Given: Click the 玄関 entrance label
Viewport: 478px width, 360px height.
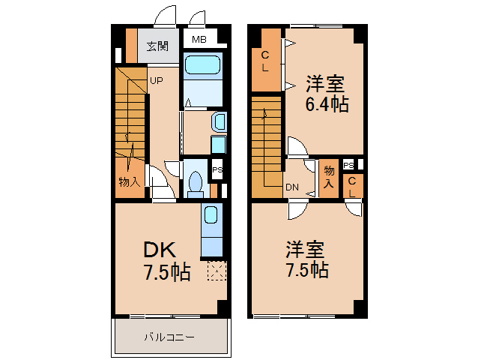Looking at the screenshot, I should pyautogui.click(x=157, y=46).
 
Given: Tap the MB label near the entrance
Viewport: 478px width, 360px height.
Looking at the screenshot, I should pyautogui.click(x=199, y=40).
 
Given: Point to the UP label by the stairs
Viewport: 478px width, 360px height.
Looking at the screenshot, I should pyautogui.click(x=156, y=80).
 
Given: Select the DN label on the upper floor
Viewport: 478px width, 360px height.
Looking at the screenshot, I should pyautogui.click(x=292, y=187).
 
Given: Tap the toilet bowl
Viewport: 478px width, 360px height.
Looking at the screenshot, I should pyautogui.click(x=196, y=182).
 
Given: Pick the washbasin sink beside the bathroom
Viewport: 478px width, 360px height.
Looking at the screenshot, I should pyautogui.click(x=219, y=121).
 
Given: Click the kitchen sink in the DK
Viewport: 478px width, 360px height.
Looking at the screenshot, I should pyautogui.click(x=211, y=216).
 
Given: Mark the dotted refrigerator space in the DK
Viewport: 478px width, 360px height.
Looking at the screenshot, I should pyautogui.click(x=217, y=271).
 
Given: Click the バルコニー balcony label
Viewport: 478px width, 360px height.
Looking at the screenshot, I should pyautogui.click(x=169, y=337).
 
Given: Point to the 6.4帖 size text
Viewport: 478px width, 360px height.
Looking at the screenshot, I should pyautogui.click(x=327, y=104).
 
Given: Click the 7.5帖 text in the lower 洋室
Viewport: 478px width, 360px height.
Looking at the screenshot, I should pyautogui.click(x=306, y=269).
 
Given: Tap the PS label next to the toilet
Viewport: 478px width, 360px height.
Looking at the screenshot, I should pyautogui.click(x=217, y=170).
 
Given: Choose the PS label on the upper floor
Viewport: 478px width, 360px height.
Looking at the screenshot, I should pyautogui.click(x=348, y=165).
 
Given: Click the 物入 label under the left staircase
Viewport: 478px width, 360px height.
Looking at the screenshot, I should pyautogui.click(x=130, y=181).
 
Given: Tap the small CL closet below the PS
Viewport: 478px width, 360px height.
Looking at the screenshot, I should pyautogui.click(x=351, y=186).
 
